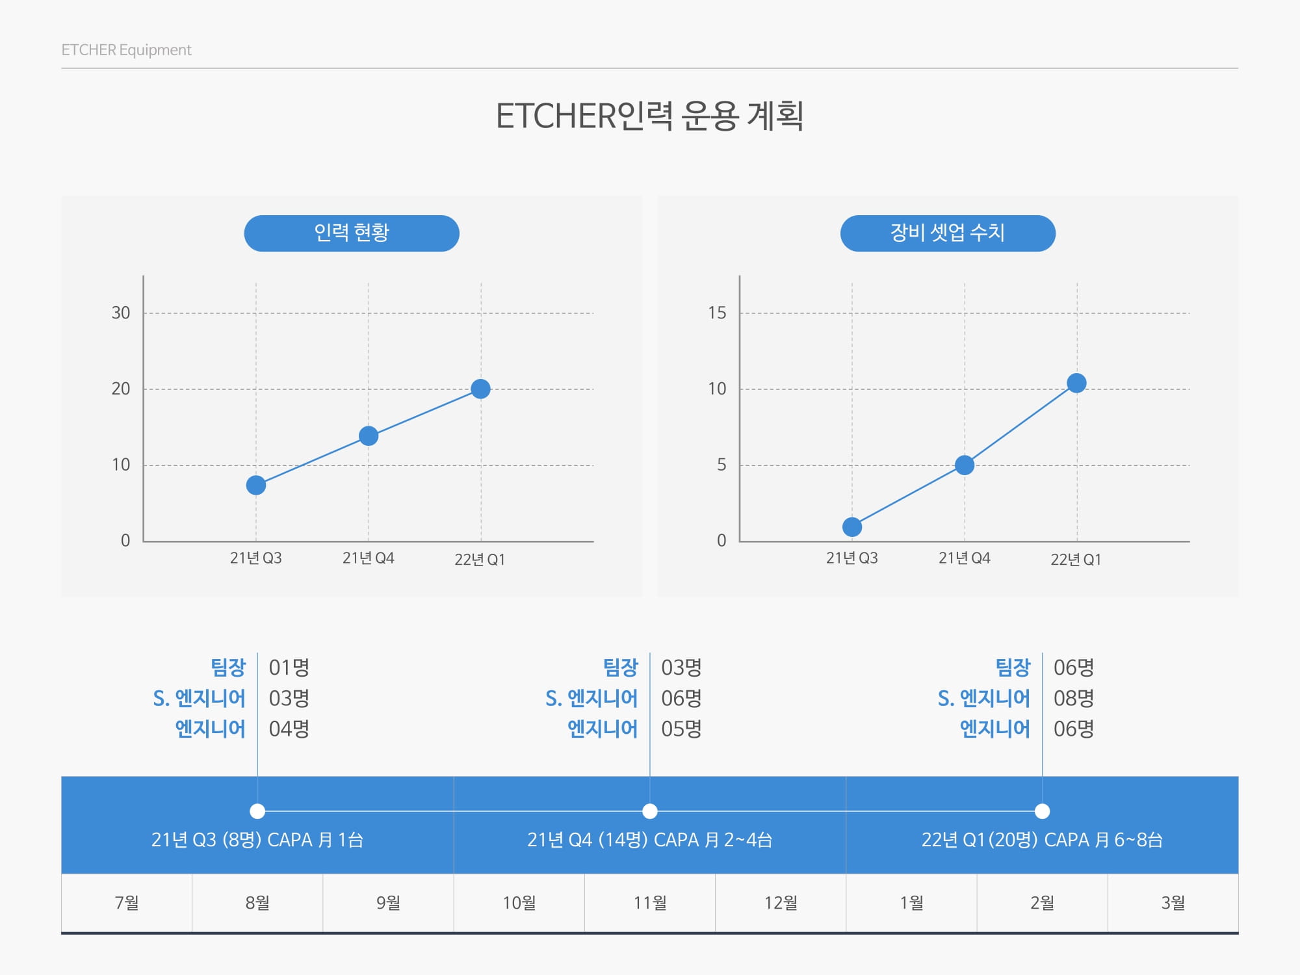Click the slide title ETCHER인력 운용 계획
[x=649, y=117]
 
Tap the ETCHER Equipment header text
[x=126, y=50]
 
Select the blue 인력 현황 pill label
[x=352, y=233]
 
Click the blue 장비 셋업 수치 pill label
[x=948, y=233]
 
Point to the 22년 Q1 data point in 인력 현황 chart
[x=480, y=389]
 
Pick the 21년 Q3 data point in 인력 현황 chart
[x=256, y=485]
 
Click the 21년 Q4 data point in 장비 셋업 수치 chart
[x=965, y=465]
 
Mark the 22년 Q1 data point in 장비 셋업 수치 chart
[x=1076, y=383]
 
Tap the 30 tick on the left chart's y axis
[x=121, y=313]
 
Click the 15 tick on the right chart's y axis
[x=717, y=313]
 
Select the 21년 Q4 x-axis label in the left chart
[x=368, y=558]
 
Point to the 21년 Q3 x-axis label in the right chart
[x=851, y=558]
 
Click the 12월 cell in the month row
[x=781, y=903]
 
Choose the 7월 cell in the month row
[x=127, y=903]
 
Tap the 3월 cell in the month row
[x=1173, y=903]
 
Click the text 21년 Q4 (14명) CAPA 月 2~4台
[x=649, y=840]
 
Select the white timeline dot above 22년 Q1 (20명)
[x=1042, y=811]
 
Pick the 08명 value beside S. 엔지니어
[x=1074, y=699]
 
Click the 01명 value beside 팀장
[x=289, y=668]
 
